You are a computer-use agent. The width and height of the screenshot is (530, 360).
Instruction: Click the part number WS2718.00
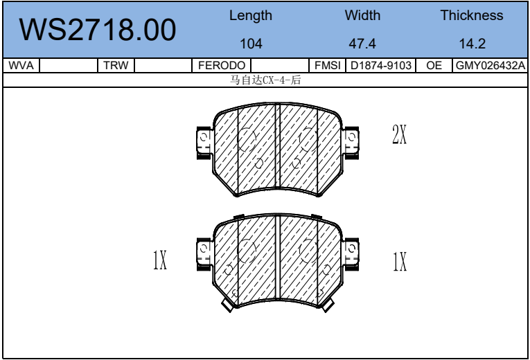pos(98,30)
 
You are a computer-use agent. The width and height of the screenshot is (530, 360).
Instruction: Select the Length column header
pos(251,15)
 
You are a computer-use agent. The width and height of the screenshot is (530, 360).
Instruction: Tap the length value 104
pos(251,44)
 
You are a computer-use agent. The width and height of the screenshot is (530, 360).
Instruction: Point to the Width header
pos(362,15)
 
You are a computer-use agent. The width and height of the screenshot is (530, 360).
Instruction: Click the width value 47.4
pos(362,44)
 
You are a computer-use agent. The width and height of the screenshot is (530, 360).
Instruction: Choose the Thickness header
pos(472,15)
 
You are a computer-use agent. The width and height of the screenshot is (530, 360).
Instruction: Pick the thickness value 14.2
pos(472,44)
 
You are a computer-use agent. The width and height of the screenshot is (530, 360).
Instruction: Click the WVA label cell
pos(21,65)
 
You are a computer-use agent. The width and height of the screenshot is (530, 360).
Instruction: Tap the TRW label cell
pos(116,65)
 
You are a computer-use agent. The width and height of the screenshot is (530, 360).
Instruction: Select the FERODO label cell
pos(222,65)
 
